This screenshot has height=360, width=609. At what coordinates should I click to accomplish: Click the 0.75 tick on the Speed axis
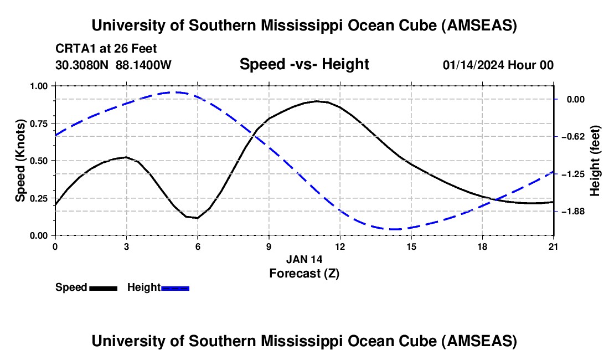(39, 123)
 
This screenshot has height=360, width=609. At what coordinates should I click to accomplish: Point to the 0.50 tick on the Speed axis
(39, 161)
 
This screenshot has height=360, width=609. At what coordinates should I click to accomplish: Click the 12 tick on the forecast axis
(340, 245)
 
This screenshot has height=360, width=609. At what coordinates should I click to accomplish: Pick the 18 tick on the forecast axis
(482, 245)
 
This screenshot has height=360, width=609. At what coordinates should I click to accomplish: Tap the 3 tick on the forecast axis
(126, 245)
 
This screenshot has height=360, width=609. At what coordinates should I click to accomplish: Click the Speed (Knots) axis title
(20, 161)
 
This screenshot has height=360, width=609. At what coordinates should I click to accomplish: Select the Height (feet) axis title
(596, 161)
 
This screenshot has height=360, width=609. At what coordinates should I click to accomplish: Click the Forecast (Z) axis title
(304, 273)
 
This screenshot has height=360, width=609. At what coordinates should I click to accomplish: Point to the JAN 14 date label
(304, 259)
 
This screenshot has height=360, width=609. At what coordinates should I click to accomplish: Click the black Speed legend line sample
(103, 288)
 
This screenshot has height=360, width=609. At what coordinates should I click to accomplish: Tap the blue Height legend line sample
(176, 288)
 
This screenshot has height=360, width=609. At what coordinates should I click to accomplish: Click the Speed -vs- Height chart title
(304, 64)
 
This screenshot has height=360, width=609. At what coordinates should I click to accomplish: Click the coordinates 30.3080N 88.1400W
(113, 65)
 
